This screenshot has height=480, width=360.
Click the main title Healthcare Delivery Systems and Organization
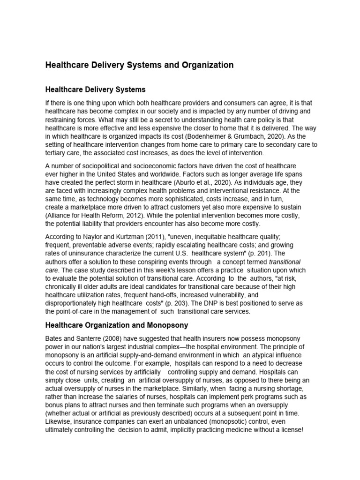[x=139, y=65]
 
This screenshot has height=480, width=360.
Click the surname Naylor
[x=98, y=237]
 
